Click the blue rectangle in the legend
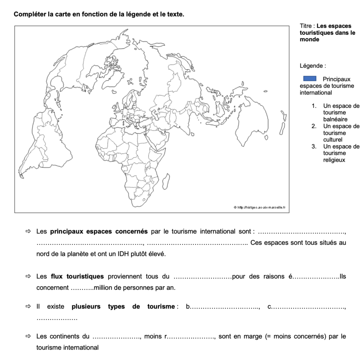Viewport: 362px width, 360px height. click(x=310, y=79)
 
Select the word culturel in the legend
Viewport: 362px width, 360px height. click(x=332, y=140)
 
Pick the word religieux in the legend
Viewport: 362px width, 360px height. click(x=334, y=160)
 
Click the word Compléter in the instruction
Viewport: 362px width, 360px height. click(x=30, y=15)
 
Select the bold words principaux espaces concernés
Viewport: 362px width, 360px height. click(x=99, y=231)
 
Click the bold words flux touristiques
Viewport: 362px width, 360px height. click(x=77, y=276)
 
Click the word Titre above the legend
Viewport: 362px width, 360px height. click(x=305, y=26)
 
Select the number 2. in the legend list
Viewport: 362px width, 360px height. click(x=314, y=126)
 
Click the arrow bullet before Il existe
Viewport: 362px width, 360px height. click(x=28, y=307)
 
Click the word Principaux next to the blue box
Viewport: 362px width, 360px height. click(x=337, y=79)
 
